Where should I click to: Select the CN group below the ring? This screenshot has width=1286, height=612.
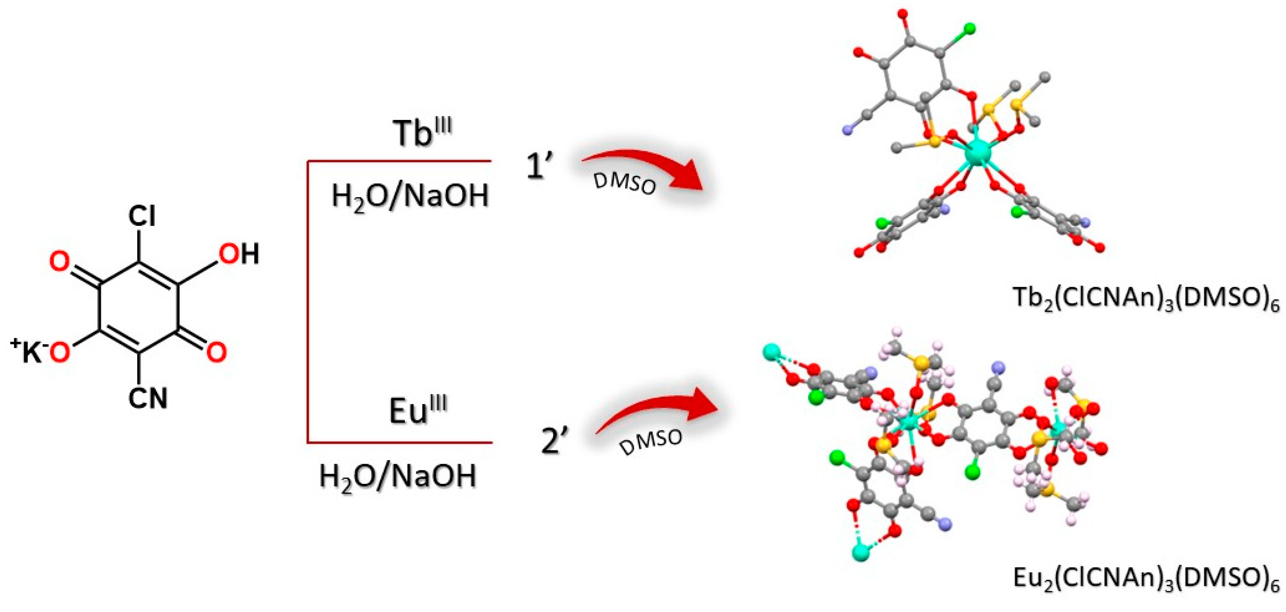coord(148,398)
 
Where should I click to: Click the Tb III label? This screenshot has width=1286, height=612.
coord(422,132)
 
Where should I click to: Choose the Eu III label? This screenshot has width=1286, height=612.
coord(418,410)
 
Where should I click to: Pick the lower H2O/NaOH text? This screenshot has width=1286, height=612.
coord(398,476)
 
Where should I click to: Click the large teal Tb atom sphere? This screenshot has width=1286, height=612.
coord(978,153)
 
